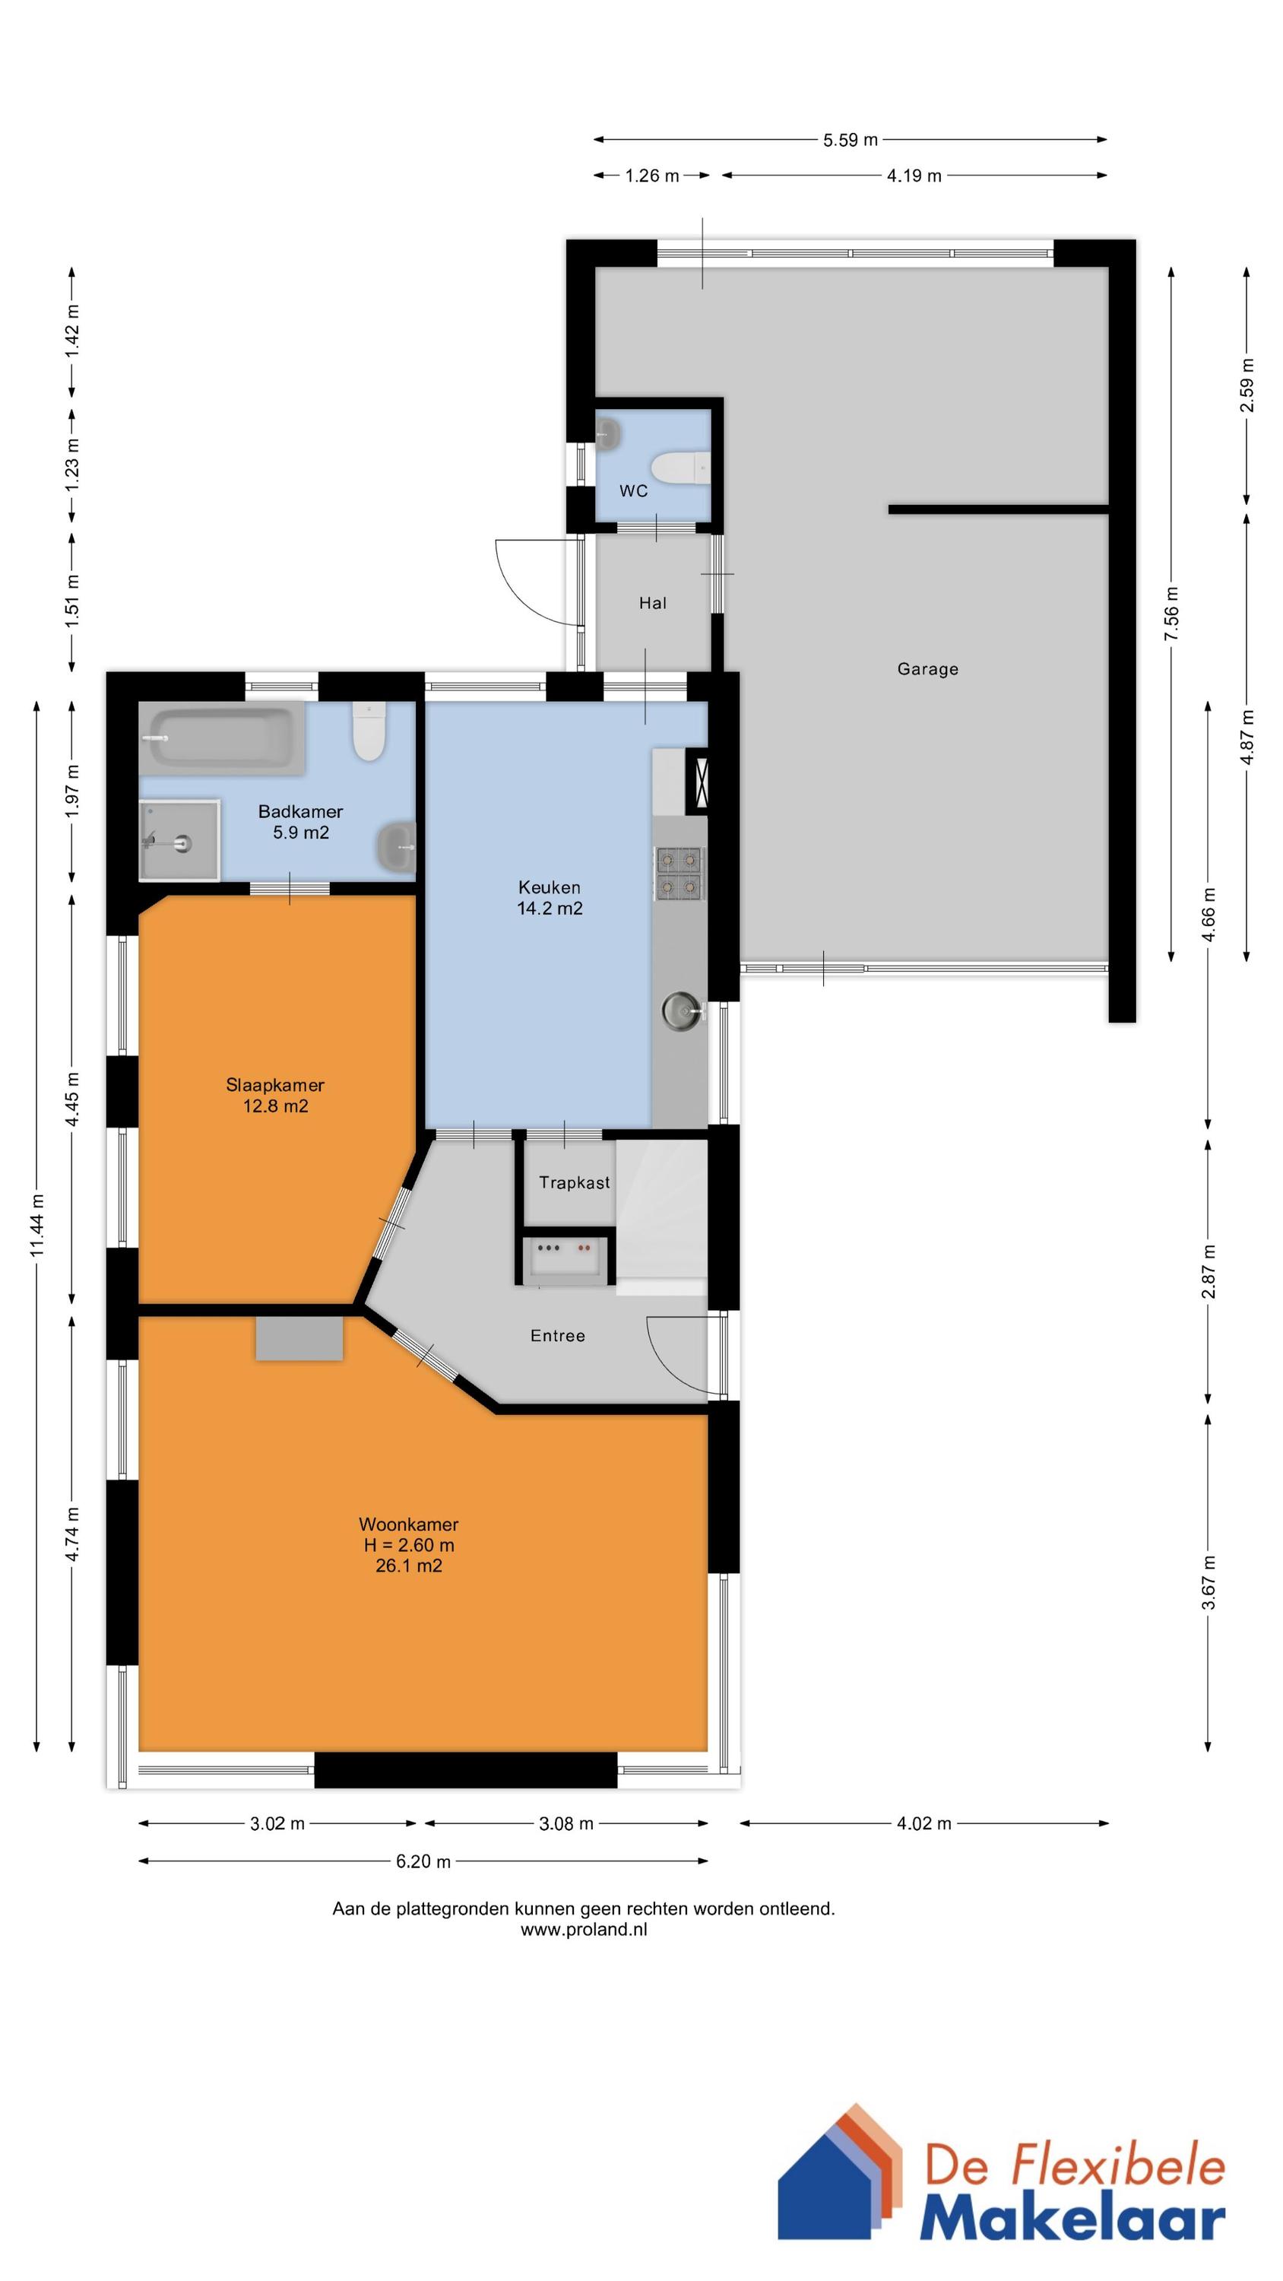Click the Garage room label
927,669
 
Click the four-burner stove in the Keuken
680,873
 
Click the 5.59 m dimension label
850,140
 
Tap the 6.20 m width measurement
423,1861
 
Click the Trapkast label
574,1183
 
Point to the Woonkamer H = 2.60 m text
408,1545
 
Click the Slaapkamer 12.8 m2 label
275,1096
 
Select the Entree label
557,1336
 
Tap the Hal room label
653,604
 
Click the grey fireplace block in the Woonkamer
299,1338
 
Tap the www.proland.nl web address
583,1930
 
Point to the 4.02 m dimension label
923,1824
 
